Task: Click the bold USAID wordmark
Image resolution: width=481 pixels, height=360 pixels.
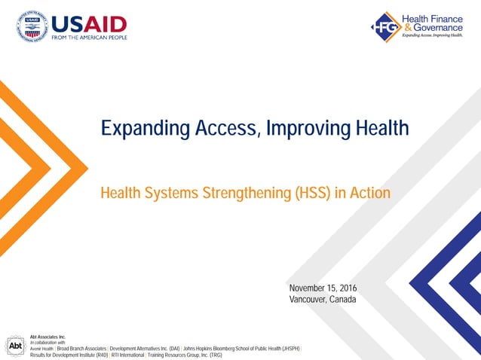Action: pyautogui.click(x=89, y=23)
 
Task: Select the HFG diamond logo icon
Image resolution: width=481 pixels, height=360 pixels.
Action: pyautogui.click(x=384, y=26)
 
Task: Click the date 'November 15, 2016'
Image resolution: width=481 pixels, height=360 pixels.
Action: pyautogui.click(x=323, y=288)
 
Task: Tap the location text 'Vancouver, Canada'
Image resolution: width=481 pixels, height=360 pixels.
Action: pyautogui.click(x=322, y=299)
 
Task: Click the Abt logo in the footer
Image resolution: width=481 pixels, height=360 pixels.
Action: pyautogui.click(x=14, y=345)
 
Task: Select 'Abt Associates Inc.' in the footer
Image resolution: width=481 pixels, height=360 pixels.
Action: pyautogui.click(x=48, y=337)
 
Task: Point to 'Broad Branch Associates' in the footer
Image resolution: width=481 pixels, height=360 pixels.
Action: pyautogui.click(x=81, y=349)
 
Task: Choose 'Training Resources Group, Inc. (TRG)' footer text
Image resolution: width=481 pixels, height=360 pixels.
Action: pyautogui.click(x=185, y=355)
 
